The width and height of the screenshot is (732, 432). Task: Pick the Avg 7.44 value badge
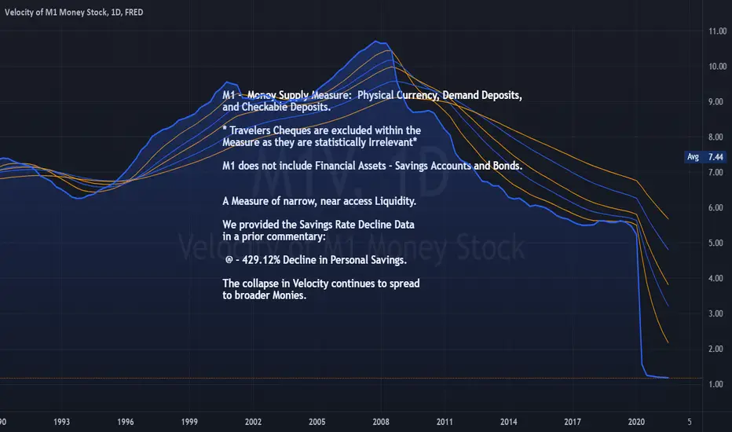tap(704, 157)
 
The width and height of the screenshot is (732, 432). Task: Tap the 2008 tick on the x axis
tap(381, 422)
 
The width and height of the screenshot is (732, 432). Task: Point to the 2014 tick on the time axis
tap(509, 422)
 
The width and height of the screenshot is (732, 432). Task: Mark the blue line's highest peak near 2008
tap(381, 42)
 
